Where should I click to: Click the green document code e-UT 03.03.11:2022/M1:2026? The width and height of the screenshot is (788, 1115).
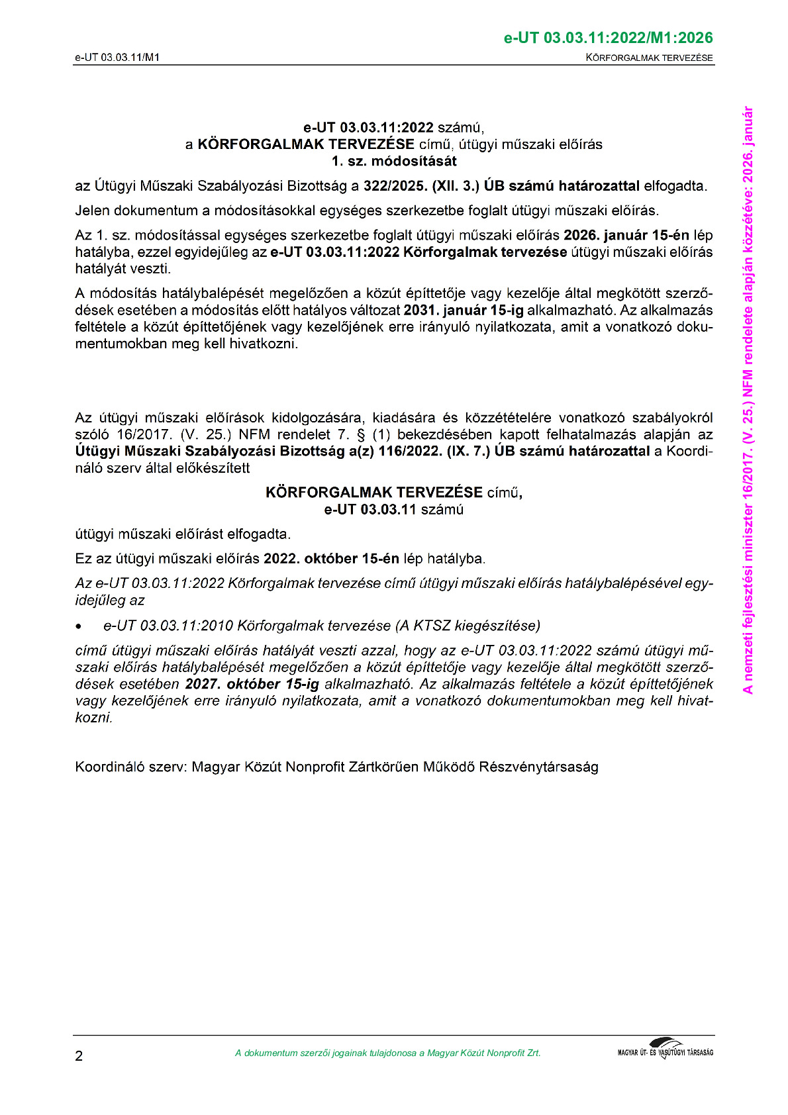[x=608, y=38]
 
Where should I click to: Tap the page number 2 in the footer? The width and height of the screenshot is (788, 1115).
[x=79, y=1055]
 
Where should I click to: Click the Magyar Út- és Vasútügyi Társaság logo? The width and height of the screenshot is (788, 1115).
[x=665, y=1049]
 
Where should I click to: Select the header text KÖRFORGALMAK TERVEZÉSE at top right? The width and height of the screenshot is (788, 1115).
[x=649, y=58]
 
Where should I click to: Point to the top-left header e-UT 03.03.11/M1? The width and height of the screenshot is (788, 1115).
[x=117, y=58]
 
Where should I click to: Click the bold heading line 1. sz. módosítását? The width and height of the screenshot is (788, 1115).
[x=394, y=161]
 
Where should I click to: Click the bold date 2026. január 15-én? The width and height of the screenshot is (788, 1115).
[x=626, y=235]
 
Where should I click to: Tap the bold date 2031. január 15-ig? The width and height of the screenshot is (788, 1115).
[x=464, y=310]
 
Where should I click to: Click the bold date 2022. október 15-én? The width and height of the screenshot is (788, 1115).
[x=331, y=558]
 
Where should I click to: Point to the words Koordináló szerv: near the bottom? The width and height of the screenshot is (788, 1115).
[x=131, y=767]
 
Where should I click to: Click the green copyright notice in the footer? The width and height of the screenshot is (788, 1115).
[x=387, y=1053]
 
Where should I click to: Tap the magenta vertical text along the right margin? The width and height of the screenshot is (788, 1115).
[x=748, y=400]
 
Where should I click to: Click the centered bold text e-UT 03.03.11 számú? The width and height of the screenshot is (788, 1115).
[x=394, y=509]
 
